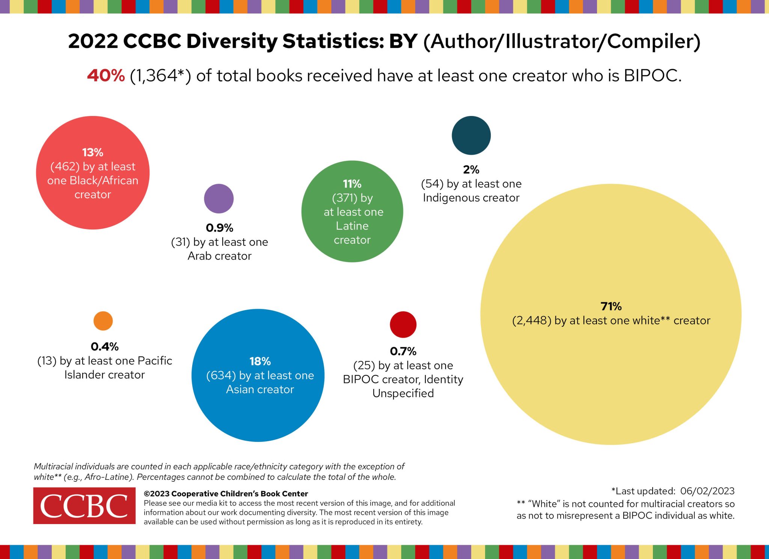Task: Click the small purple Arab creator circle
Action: (219, 198)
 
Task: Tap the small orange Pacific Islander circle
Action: (103, 321)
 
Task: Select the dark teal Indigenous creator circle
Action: (471, 135)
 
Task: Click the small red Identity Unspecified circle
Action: (403, 324)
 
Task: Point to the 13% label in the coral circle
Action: (92, 152)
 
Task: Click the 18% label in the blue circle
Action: (260, 361)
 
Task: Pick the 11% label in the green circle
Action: (352, 184)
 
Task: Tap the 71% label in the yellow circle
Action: (611, 306)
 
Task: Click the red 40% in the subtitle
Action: (106, 75)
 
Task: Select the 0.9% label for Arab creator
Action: (219, 228)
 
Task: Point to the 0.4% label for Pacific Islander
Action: (104, 346)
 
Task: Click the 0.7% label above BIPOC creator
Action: (403, 351)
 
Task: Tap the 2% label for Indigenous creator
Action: (471, 169)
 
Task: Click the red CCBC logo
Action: (84, 505)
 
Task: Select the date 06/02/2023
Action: (707, 491)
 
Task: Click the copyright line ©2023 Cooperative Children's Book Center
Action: (226, 493)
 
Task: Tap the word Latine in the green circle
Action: (352, 226)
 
